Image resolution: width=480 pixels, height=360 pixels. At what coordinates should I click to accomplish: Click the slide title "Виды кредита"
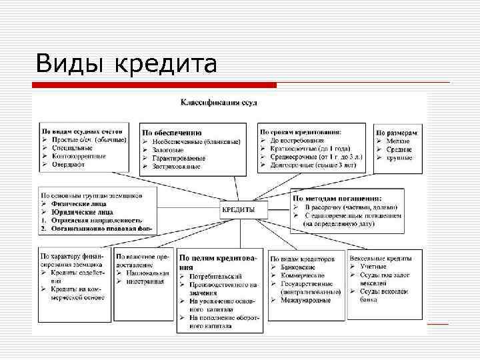(x=127, y=64)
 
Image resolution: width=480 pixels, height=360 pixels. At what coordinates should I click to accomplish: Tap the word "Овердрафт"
(x=70, y=163)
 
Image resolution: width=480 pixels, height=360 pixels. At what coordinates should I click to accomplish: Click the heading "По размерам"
(x=399, y=133)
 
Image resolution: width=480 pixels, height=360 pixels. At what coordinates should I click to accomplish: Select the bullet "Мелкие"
(x=398, y=141)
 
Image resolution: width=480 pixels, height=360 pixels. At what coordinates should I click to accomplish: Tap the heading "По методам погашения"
(x=337, y=199)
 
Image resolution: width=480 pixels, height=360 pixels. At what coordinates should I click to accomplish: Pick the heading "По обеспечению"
(x=171, y=133)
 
